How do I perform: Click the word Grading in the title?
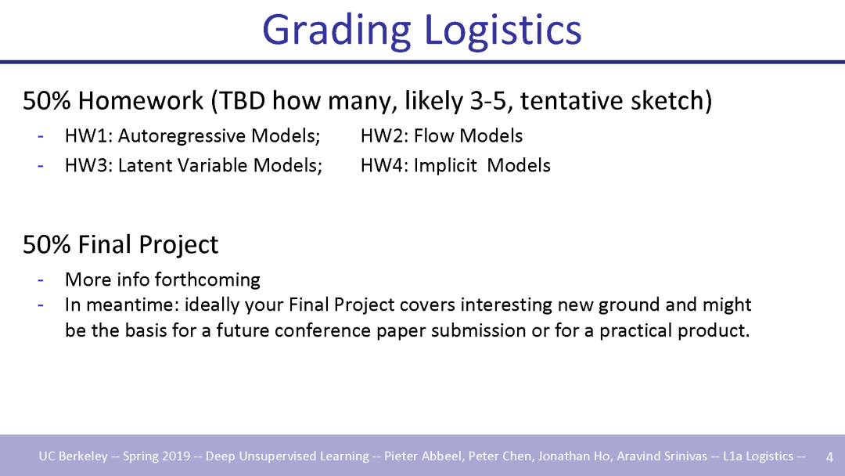point(336,31)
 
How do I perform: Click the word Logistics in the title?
point(503,30)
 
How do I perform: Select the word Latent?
point(145,165)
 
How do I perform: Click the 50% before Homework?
point(46,101)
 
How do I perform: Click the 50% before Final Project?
point(46,244)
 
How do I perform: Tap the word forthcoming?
point(207,280)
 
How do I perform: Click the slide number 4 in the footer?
point(829,456)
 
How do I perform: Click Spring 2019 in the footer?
point(156,456)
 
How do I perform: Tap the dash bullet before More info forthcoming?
point(41,279)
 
